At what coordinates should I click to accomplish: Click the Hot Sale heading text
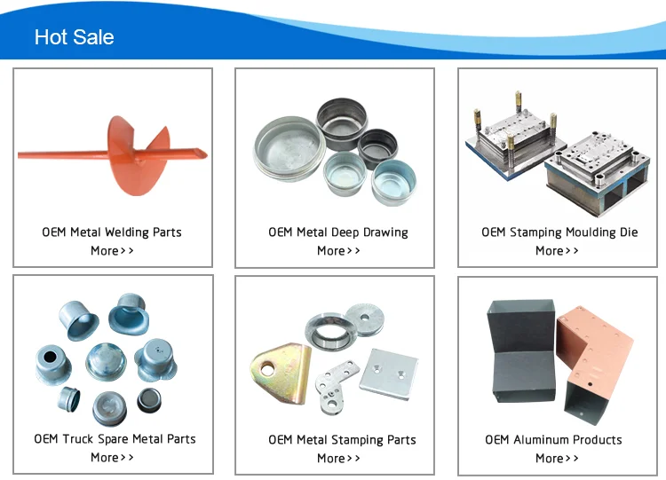74,37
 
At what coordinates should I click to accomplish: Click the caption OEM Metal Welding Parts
112,232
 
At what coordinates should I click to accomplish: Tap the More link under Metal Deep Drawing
338,251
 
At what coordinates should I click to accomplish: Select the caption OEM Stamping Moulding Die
559,232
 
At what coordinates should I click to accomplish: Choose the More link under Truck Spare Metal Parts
112,458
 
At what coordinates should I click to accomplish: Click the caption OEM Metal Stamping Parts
342,440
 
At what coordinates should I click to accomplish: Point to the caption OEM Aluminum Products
553,440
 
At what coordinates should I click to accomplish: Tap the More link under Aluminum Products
557,459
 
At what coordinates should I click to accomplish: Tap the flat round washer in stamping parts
362,314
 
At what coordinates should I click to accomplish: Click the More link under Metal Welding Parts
112,251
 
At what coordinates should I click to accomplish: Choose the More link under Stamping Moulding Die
557,251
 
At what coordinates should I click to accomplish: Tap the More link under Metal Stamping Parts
338,459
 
